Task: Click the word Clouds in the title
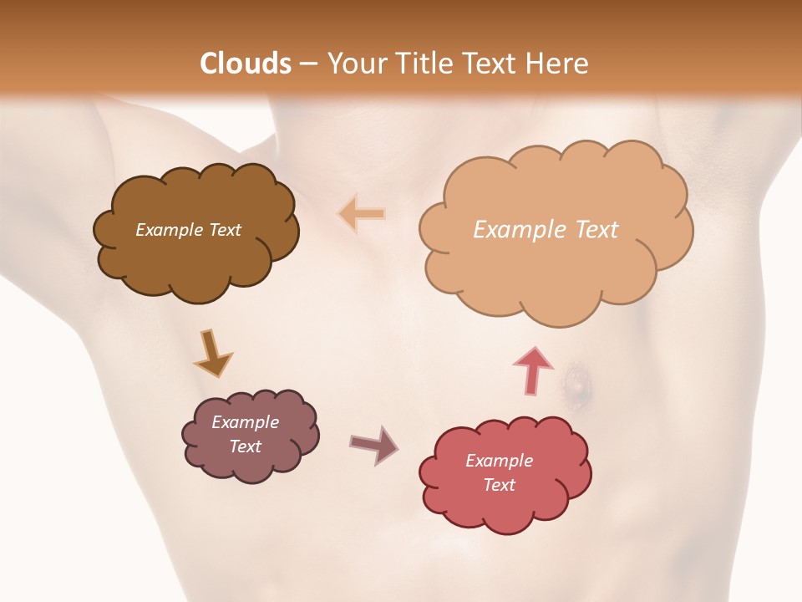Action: (x=246, y=64)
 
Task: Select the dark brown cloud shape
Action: (x=196, y=259)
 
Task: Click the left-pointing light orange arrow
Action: (x=362, y=213)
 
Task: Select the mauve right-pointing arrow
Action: (x=373, y=444)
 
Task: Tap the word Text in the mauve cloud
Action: (x=246, y=446)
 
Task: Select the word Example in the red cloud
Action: (x=499, y=461)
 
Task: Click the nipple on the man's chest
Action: (x=576, y=385)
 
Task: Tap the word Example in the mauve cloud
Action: (x=246, y=422)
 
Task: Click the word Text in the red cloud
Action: (x=499, y=485)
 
